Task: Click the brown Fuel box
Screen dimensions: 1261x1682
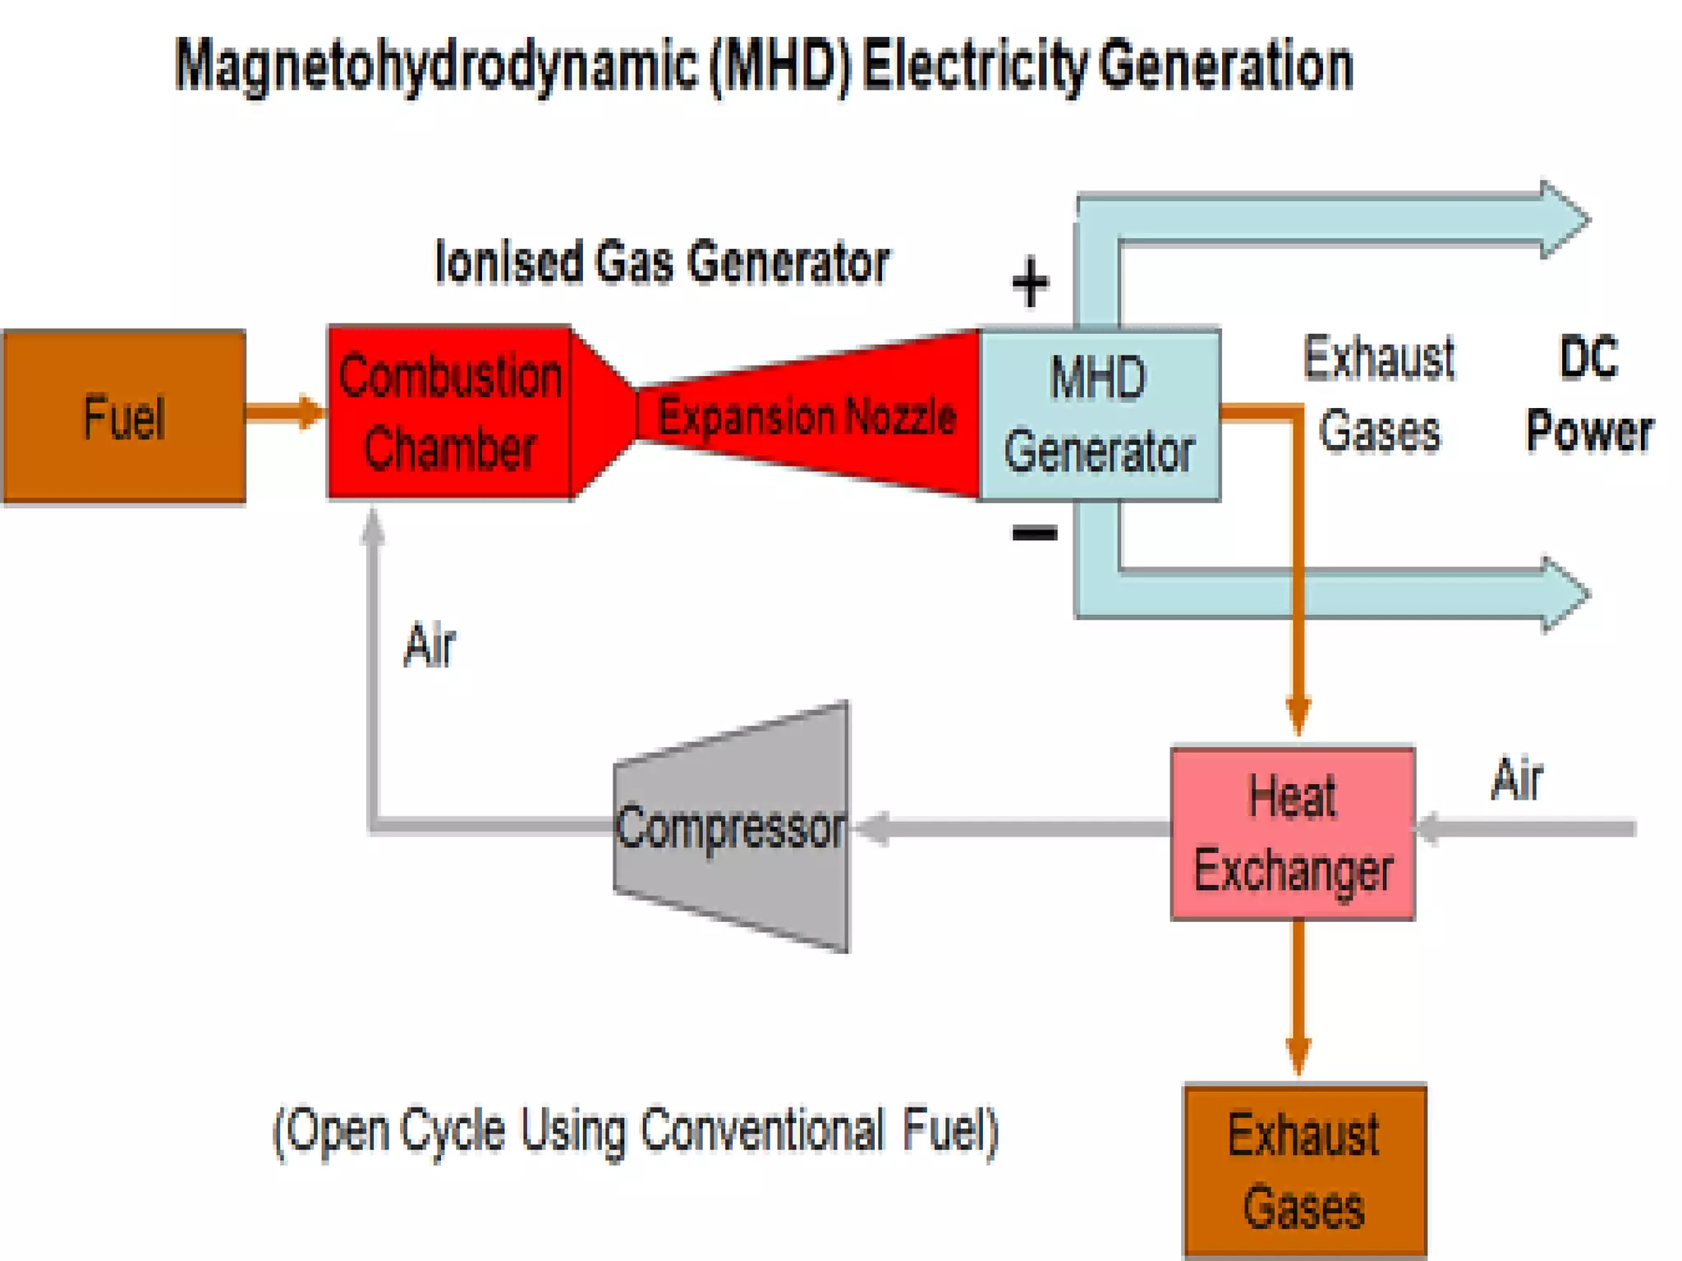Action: (x=124, y=416)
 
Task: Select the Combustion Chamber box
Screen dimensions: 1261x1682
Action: (x=449, y=413)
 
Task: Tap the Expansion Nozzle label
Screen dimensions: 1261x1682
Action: (x=807, y=416)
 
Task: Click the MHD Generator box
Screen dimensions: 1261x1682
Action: (x=1099, y=415)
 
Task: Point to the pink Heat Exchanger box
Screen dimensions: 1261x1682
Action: (x=1293, y=833)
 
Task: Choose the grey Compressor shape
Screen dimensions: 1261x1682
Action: (x=731, y=828)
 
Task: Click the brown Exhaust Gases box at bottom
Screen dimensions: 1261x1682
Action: (x=1304, y=1170)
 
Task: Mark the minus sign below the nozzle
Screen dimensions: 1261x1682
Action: (x=1034, y=534)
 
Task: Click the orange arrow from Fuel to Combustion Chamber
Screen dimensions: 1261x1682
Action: (x=284, y=412)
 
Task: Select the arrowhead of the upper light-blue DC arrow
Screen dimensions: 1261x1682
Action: (x=1563, y=220)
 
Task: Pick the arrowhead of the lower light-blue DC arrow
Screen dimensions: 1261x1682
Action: (x=1563, y=595)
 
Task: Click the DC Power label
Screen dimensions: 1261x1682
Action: (x=1589, y=394)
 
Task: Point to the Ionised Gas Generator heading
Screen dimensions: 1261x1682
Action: (x=662, y=263)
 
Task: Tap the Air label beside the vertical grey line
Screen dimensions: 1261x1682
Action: (x=429, y=646)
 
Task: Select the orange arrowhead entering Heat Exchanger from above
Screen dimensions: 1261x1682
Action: (x=1298, y=716)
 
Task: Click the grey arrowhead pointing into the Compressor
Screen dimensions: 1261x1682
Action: (x=872, y=828)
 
